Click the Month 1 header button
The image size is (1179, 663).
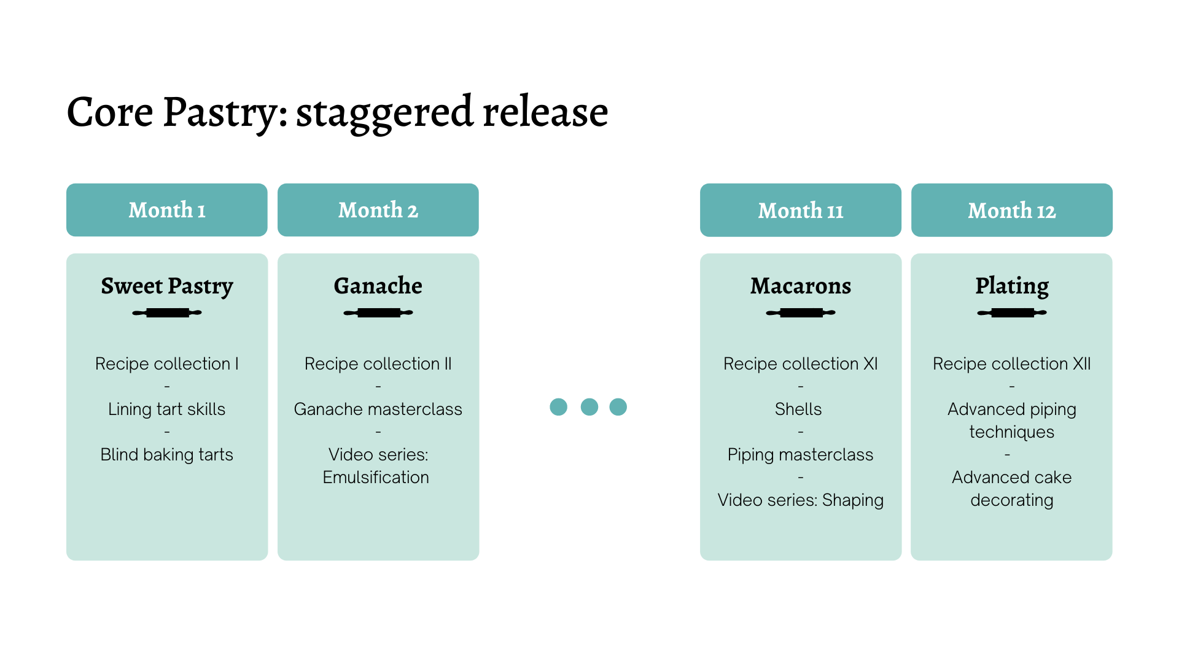click(167, 210)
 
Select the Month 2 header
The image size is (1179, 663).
click(378, 210)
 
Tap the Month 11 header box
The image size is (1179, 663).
click(800, 210)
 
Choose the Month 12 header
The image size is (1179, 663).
click(1011, 210)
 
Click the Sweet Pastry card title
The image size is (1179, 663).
click(167, 286)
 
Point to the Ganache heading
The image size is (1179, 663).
click(378, 286)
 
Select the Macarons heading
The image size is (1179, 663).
click(800, 286)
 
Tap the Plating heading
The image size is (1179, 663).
click(1011, 286)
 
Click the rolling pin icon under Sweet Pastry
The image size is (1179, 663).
click(167, 313)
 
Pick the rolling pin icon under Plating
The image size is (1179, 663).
click(1011, 313)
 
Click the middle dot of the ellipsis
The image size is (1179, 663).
click(589, 407)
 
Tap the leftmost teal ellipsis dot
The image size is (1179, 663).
click(558, 407)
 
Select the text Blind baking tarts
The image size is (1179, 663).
click(167, 455)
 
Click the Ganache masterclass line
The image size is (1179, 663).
click(378, 409)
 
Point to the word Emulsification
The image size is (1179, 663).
click(376, 478)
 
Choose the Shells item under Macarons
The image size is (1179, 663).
click(798, 409)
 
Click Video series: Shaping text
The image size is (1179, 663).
click(800, 500)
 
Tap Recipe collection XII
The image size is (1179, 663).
click(1011, 364)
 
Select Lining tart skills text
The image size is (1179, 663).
click(167, 409)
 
